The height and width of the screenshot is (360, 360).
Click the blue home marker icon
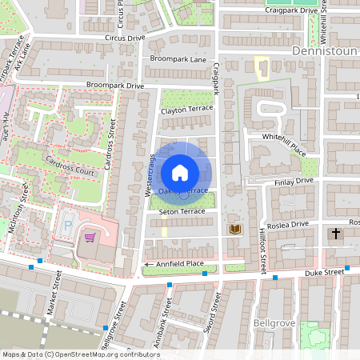coord(180,172)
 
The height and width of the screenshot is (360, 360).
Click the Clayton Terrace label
coord(186,111)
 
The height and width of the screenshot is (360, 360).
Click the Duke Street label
coord(323,273)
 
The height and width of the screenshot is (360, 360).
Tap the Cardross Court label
coord(70,162)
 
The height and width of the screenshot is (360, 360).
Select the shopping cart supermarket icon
coord(90,237)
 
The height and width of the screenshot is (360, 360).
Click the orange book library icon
coord(235,230)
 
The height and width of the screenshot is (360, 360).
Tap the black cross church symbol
coord(336,233)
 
